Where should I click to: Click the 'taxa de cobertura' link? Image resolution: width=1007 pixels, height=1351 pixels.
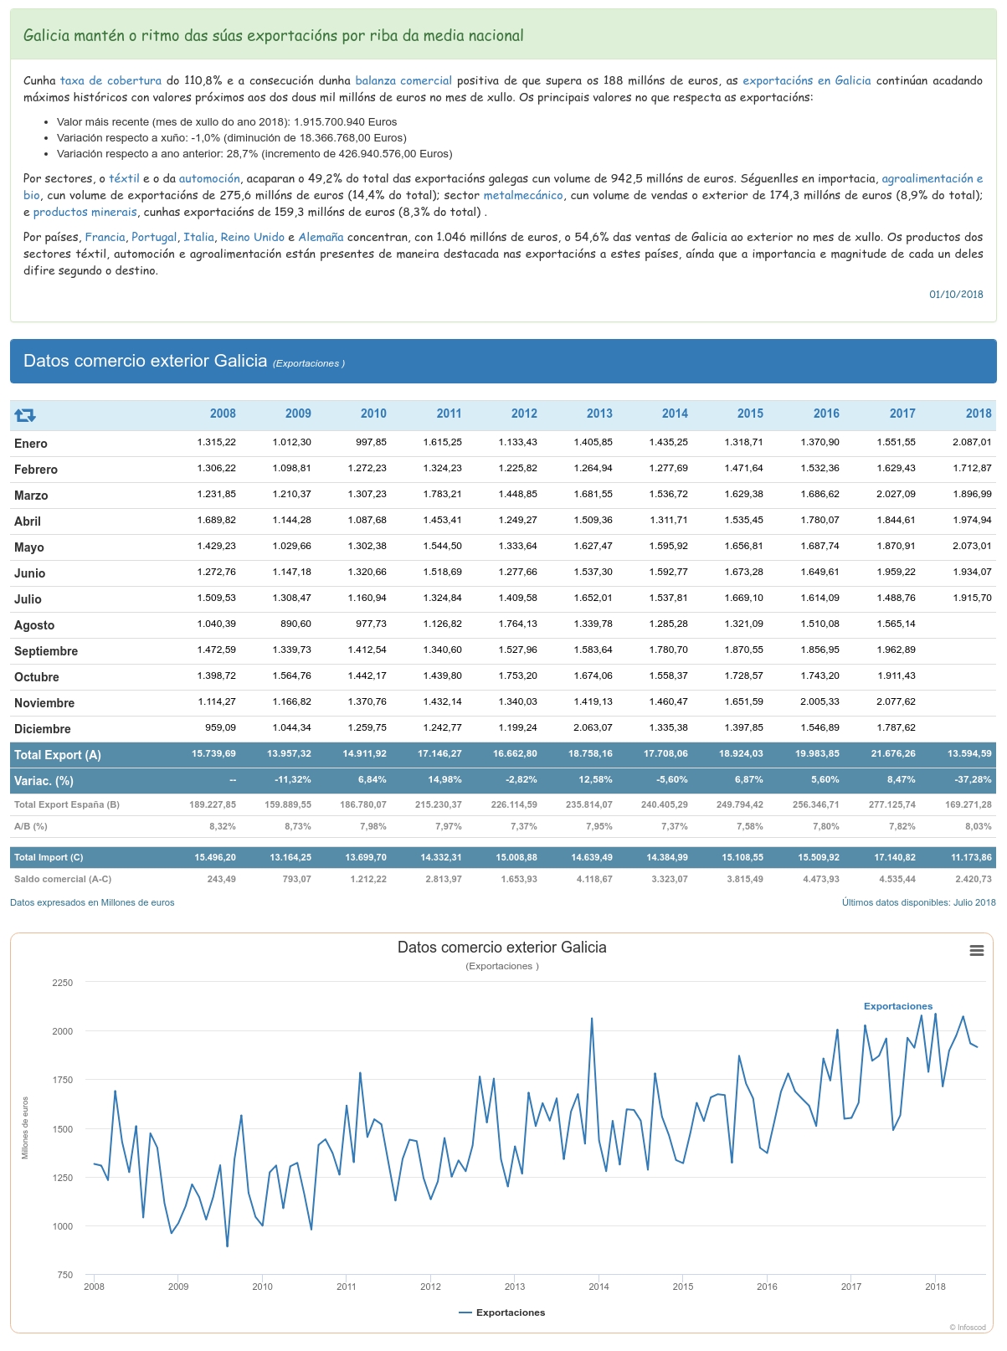(x=110, y=81)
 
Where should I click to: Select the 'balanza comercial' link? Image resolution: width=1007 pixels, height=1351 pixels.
(x=403, y=81)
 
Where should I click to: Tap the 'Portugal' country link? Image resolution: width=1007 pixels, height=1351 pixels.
(x=154, y=238)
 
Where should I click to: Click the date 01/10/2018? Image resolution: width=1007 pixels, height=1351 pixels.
(x=956, y=295)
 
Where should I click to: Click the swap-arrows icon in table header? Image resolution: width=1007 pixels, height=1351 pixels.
(x=25, y=414)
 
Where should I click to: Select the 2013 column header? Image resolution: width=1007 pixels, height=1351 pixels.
(x=599, y=414)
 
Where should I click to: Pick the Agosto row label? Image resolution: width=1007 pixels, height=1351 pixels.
(x=34, y=625)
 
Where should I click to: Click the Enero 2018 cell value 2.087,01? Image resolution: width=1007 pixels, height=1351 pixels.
(x=972, y=442)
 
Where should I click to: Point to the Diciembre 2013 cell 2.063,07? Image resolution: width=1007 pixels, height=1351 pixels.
(x=593, y=727)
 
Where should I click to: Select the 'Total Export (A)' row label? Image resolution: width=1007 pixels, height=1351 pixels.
(x=58, y=755)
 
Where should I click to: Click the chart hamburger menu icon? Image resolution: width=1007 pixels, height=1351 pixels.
(x=976, y=950)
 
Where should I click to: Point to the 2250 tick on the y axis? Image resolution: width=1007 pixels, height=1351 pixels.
(x=63, y=983)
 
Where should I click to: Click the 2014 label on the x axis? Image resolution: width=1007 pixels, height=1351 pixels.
(x=599, y=1287)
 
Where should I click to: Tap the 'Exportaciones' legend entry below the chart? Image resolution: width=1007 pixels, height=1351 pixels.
(x=502, y=1312)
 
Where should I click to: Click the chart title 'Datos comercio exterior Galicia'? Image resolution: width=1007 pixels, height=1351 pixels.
(x=501, y=948)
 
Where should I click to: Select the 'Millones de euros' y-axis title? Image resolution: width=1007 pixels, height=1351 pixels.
(x=25, y=1128)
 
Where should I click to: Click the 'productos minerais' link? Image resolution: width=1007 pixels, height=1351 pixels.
(x=85, y=213)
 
